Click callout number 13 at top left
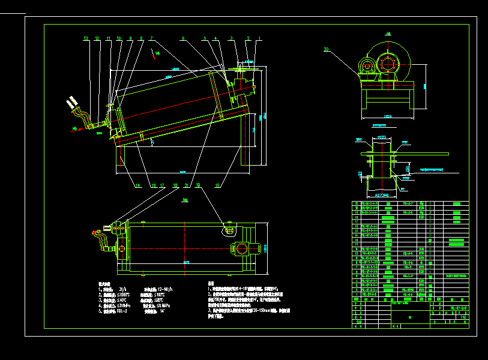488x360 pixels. coord(86,38)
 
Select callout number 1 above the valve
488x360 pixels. coord(259,38)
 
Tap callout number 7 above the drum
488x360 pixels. coord(151,38)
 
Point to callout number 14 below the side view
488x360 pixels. coord(137,186)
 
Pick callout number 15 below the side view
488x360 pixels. coord(217,186)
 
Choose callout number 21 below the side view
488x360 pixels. coord(186,186)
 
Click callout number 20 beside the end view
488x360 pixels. coord(326,49)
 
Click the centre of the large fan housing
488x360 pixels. coord(389,62)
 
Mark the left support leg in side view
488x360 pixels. coord(122,155)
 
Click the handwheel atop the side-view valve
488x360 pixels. coord(242,68)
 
